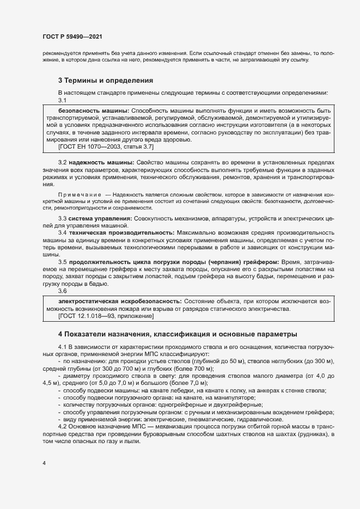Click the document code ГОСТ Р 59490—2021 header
pos(72,37)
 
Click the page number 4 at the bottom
pos(44,463)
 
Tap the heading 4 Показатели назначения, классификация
pos(178,333)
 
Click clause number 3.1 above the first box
pos(62,101)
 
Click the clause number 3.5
pos(62,262)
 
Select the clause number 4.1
pos(62,347)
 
